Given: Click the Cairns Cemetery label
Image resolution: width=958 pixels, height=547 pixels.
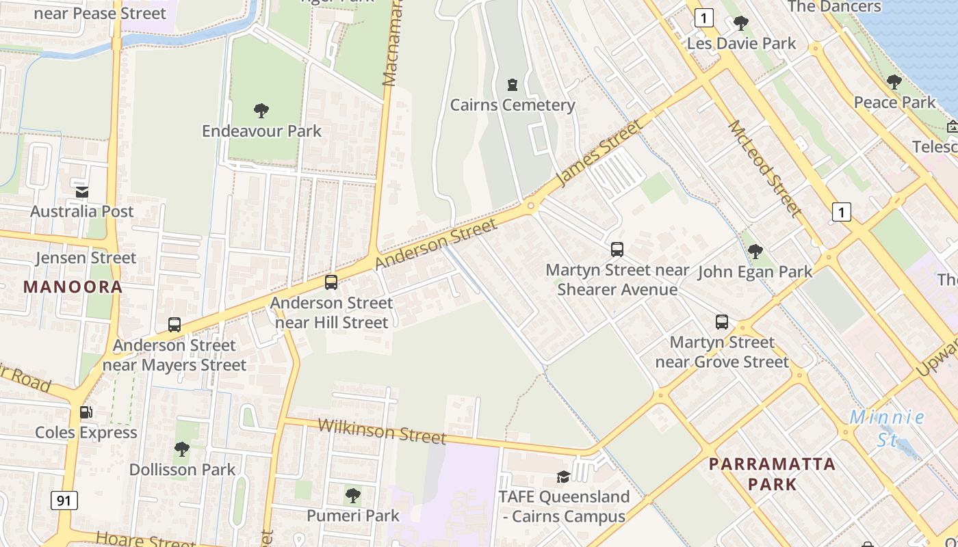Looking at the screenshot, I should (512, 105).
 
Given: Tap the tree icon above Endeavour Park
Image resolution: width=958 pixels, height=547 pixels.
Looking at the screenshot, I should (261, 111).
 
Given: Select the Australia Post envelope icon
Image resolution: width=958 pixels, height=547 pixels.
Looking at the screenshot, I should (82, 192).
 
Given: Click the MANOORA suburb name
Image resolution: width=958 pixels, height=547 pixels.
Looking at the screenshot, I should (73, 287).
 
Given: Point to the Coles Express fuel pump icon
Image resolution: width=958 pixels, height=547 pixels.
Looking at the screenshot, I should (86, 412).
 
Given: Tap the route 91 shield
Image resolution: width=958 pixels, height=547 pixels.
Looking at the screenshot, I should (64, 501).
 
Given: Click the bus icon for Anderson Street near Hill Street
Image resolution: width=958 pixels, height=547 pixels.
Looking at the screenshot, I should (331, 282).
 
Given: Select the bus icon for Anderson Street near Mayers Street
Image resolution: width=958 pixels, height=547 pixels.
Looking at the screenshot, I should (174, 325).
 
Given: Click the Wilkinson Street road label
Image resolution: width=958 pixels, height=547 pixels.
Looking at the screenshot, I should (382, 431).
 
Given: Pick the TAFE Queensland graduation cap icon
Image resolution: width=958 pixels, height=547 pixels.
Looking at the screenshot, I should (563, 477).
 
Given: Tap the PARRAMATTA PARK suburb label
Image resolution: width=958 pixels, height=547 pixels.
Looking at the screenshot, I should (772, 474).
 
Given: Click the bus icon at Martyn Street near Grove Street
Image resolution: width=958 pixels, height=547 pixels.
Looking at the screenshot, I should (722, 322).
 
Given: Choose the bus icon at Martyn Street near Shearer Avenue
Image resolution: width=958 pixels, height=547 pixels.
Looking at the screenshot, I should (617, 250).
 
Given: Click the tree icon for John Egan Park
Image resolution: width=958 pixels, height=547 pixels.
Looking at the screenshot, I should (755, 252).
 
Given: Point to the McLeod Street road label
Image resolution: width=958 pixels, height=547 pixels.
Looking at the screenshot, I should (764, 168).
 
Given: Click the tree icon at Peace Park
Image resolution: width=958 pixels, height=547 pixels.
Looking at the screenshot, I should (894, 82).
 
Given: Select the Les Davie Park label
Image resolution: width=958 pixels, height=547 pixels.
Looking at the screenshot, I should (742, 44).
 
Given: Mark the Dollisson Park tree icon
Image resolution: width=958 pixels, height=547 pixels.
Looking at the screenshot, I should (182, 449).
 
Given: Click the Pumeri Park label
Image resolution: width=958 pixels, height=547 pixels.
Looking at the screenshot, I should (352, 516).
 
